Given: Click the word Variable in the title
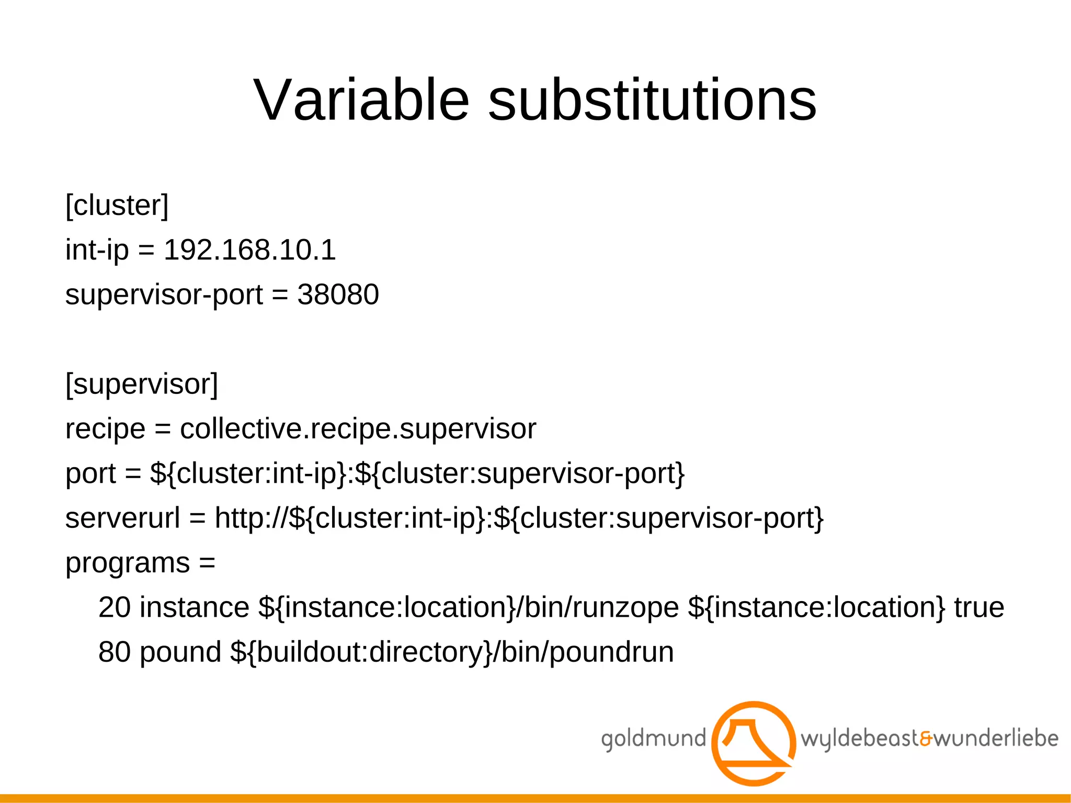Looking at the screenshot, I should click(x=361, y=100).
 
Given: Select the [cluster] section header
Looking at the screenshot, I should click(x=117, y=205).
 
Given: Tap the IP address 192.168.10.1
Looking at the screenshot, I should click(x=249, y=250).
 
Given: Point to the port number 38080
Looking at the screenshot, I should click(x=338, y=295).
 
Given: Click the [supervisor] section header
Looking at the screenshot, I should click(x=142, y=384).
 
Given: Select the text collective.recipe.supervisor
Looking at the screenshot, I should click(x=358, y=429).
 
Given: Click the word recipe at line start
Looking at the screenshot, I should click(x=105, y=429).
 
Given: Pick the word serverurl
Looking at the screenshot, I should click(x=122, y=518).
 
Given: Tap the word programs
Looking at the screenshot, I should click(x=128, y=563).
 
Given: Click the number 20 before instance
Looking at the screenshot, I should click(x=115, y=607).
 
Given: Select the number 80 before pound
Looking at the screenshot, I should click(x=115, y=652).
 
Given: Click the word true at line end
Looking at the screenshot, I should click(x=979, y=607).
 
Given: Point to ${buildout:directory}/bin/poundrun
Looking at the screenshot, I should click(x=452, y=652).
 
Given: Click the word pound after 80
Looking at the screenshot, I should click(x=180, y=652).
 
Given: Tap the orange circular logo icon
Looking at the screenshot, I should click(x=754, y=743).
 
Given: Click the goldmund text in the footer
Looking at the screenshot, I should click(x=653, y=739).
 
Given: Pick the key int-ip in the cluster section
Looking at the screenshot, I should click(x=97, y=250).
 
